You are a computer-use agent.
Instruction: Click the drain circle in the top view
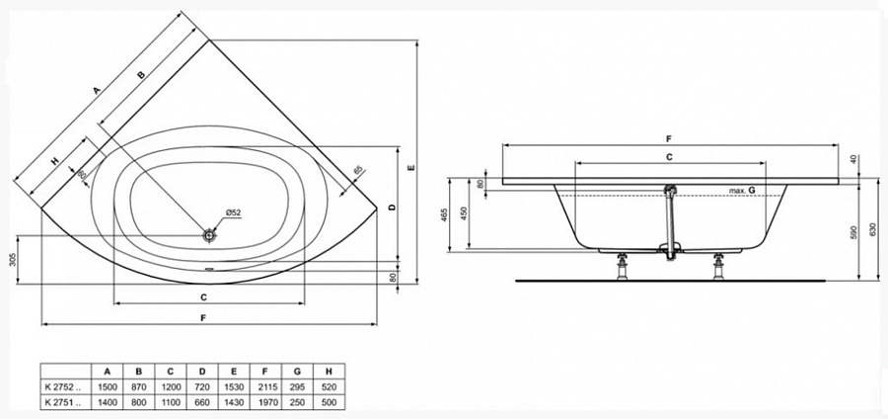tap(209, 235)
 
